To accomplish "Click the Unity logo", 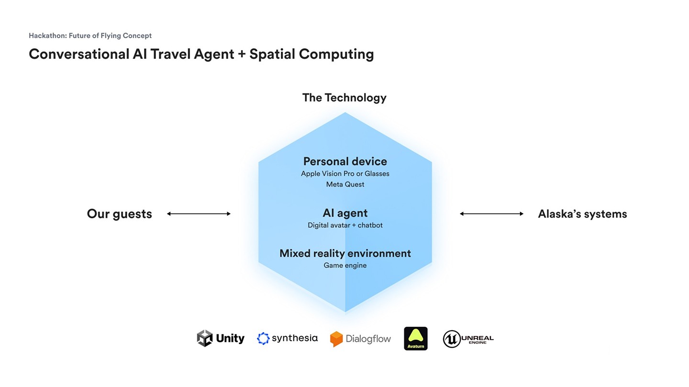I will [221, 338].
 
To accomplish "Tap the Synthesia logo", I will [287, 338].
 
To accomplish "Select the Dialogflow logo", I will [360, 339].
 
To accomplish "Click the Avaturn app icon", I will [416, 338].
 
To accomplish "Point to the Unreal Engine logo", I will [468, 339].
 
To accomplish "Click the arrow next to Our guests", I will [199, 214].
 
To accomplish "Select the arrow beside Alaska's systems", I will [491, 214].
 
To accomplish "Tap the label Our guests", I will [119, 214].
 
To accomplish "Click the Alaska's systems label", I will [582, 214].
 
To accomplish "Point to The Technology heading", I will [344, 97].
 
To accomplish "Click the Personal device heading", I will [345, 161].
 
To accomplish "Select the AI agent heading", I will [345, 213].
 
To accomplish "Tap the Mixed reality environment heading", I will [345, 253].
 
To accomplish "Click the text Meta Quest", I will [345, 184].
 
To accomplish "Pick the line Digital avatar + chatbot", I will [345, 225].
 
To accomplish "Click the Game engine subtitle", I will [345, 265].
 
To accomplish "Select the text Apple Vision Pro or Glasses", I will [345, 173].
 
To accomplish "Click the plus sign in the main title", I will [242, 54].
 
